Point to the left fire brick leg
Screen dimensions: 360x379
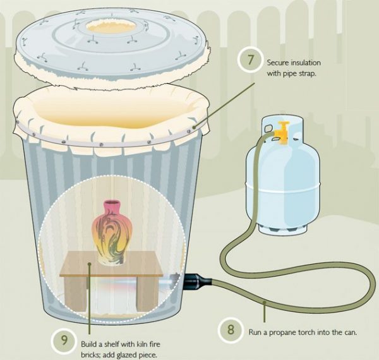tap(74, 294)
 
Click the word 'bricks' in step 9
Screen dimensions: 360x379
tap(92, 354)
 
